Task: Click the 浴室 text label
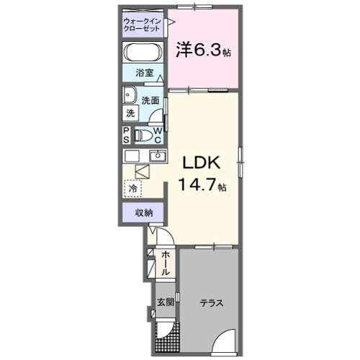tap(144, 73)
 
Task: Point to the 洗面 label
tap(150, 101)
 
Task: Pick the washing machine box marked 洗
tap(130, 113)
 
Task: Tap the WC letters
tap(158, 135)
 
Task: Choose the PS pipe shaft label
tap(126, 135)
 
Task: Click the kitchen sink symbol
tap(158, 156)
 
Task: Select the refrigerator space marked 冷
tap(132, 188)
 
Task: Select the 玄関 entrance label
tap(165, 302)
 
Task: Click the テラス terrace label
tap(211, 303)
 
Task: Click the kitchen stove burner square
tap(132, 156)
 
